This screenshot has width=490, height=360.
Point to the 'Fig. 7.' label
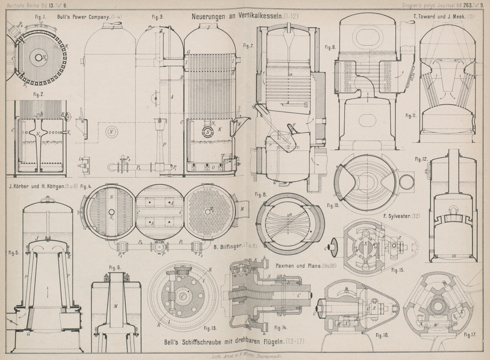(247, 46)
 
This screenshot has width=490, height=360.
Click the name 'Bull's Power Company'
(81, 18)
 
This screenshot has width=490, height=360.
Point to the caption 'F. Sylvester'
(399, 217)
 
